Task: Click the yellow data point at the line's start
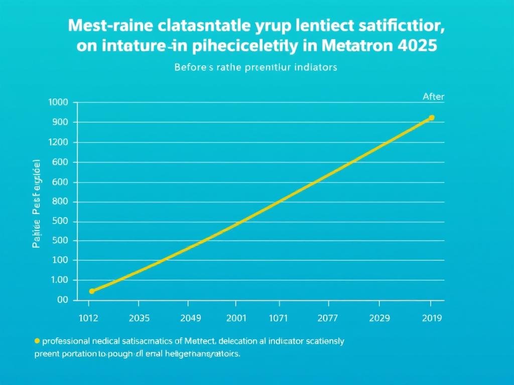coord(91,291)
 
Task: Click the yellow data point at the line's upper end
coord(431,118)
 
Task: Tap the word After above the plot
coord(433,97)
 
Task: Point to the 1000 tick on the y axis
coord(58,102)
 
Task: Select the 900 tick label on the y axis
coord(60,122)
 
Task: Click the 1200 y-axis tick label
coord(58,142)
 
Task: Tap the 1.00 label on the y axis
coord(59,280)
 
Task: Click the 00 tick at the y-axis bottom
coord(62,300)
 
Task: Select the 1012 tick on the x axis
coord(89,318)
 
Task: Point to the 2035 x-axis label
coord(139,318)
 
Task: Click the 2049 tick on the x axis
coord(190,318)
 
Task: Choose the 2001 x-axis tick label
coord(236,318)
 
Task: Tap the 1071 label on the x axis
coord(279,318)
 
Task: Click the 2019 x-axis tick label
coord(431,318)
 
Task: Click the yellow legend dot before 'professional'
coord(37,341)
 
